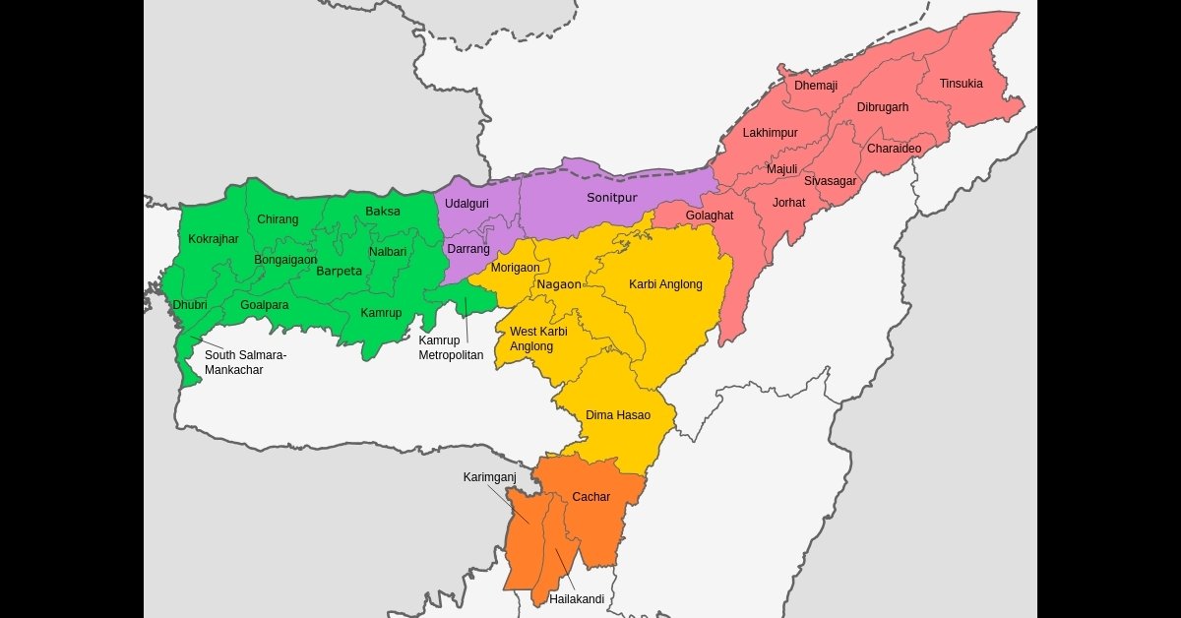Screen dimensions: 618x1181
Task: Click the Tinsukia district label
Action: [961, 84]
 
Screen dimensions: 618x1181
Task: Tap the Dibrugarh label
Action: [882, 107]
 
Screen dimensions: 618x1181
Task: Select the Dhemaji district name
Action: [816, 86]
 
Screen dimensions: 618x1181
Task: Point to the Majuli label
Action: [781, 169]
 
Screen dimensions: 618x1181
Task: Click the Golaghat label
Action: [709, 216]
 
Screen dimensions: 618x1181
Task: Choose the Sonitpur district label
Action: [611, 198]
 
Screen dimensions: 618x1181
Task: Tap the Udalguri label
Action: [467, 204]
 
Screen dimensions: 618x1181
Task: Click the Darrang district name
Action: [467, 249]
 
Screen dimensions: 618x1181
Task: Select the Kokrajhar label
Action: [214, 239]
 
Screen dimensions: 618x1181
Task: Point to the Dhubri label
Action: [190, 305]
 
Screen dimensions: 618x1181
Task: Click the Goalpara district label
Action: [265, 305]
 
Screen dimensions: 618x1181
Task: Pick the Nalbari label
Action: [388, 252]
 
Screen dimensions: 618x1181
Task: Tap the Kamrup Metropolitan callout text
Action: [451, 347]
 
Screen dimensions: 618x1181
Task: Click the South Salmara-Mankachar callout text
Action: [245, 362]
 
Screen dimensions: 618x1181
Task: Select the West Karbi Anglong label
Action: [538, 339]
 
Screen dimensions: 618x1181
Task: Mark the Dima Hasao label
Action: [617, 415]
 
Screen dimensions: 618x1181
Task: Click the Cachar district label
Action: [590, 497]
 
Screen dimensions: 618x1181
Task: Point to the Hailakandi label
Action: [577, 598]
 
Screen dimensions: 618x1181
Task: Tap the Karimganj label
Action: [490, 477]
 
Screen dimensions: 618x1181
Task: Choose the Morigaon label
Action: [515, 268]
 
